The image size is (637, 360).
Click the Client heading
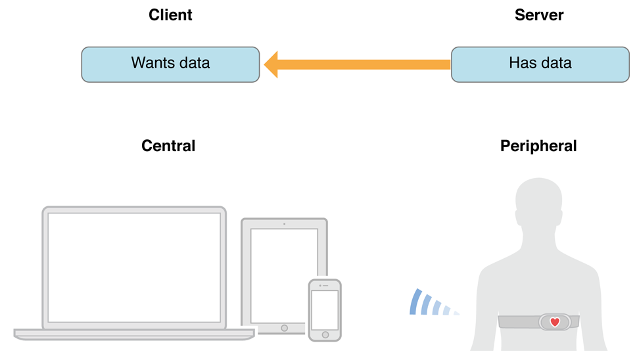170,15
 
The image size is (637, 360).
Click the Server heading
539,15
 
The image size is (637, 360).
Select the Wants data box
170,64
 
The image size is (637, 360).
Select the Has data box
540,64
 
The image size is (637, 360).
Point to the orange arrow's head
271,64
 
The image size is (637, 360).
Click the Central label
168,146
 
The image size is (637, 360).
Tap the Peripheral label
538,146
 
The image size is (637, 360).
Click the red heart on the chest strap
555,323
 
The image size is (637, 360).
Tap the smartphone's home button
325,335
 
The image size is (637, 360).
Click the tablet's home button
285,328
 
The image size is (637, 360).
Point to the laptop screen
134,267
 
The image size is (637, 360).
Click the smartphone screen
325,309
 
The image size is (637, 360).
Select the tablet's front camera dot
285,224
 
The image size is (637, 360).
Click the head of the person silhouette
538,201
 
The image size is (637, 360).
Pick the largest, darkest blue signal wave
416,302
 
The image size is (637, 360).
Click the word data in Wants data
195,63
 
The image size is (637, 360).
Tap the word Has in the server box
523,63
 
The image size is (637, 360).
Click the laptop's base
134,334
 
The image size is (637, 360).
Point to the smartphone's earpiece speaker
325,286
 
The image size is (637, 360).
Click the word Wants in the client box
153,63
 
